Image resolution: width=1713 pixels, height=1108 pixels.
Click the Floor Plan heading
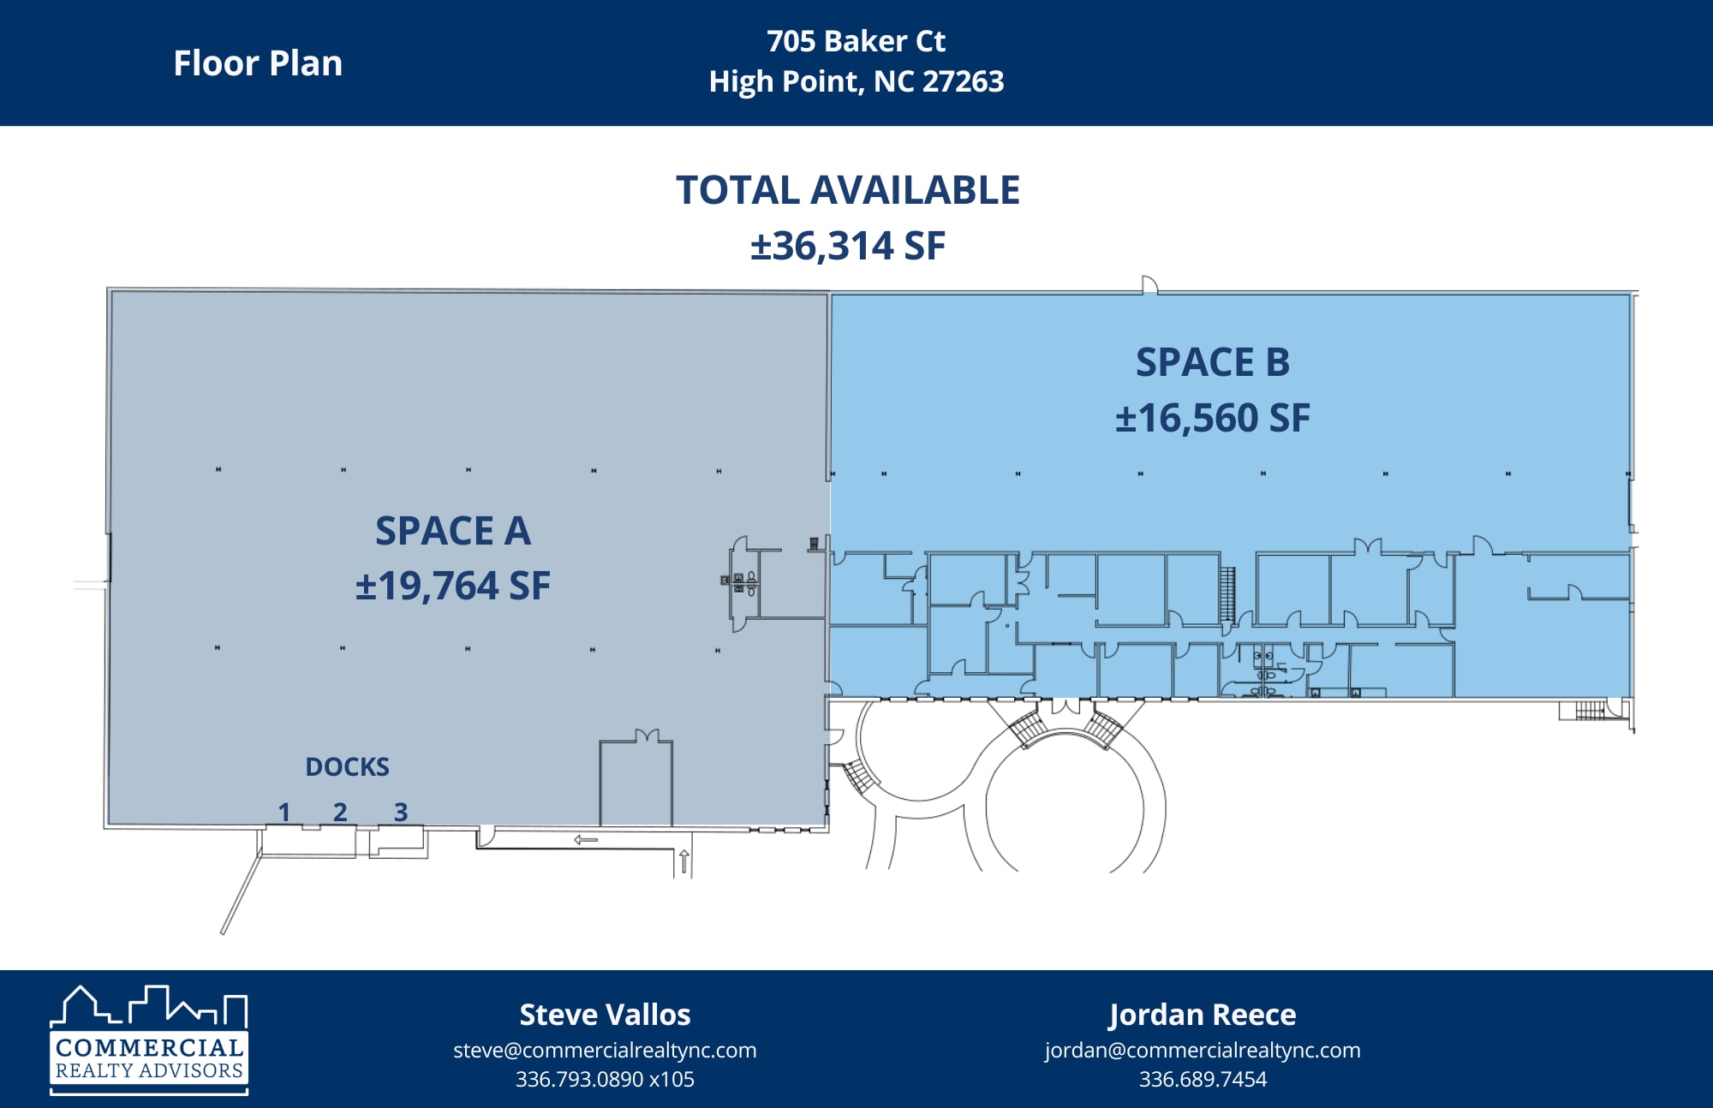258,63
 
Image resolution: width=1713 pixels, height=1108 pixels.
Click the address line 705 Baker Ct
856,41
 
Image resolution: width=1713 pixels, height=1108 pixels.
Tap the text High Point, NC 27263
856,81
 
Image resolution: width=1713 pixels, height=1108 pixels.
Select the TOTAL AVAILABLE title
847,190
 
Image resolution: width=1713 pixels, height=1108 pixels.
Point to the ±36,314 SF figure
847,246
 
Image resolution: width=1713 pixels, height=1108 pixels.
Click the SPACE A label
453,531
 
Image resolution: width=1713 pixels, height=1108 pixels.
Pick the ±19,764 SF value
453,586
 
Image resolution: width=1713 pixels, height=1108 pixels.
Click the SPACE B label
1212,362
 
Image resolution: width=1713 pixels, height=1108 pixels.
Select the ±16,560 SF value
1212,418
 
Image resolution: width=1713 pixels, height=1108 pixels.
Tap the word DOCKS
347,766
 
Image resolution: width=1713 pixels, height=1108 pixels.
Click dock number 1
284,811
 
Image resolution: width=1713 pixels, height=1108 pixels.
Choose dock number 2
340,811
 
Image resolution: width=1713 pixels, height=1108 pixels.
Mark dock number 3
401,811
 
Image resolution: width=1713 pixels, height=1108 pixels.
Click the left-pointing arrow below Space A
586,839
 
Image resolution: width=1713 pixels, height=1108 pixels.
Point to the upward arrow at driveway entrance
684,861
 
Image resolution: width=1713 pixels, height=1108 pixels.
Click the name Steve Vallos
605,1015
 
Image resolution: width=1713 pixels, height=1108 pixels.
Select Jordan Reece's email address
1202,1050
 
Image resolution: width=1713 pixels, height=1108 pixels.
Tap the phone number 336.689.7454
1202,1079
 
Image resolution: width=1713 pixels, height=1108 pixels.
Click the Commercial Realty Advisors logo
149,1040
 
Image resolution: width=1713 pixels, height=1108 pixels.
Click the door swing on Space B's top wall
1149,285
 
